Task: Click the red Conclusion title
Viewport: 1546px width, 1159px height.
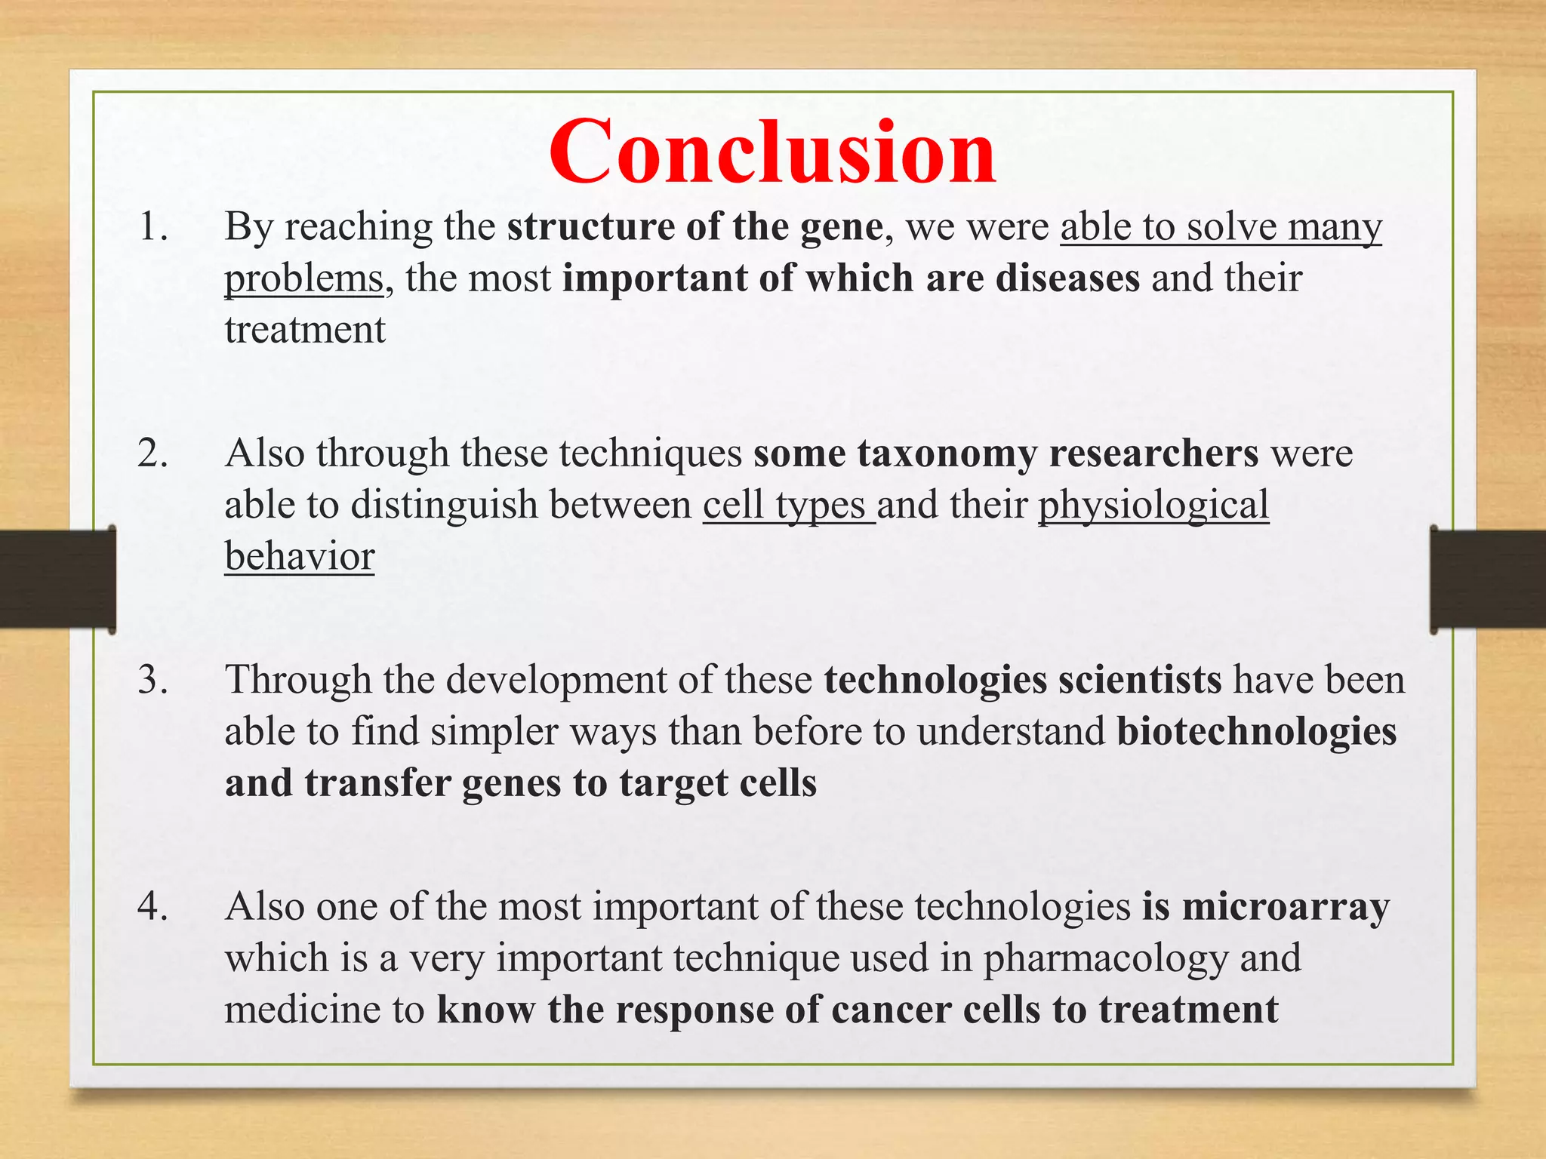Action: tap(772, 153)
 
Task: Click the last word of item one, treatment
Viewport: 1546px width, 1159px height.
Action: tap(305, 330)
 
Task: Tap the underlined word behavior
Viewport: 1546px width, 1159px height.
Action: tap(300, 557)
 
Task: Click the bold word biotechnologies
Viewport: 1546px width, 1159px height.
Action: tap(1257, 732)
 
